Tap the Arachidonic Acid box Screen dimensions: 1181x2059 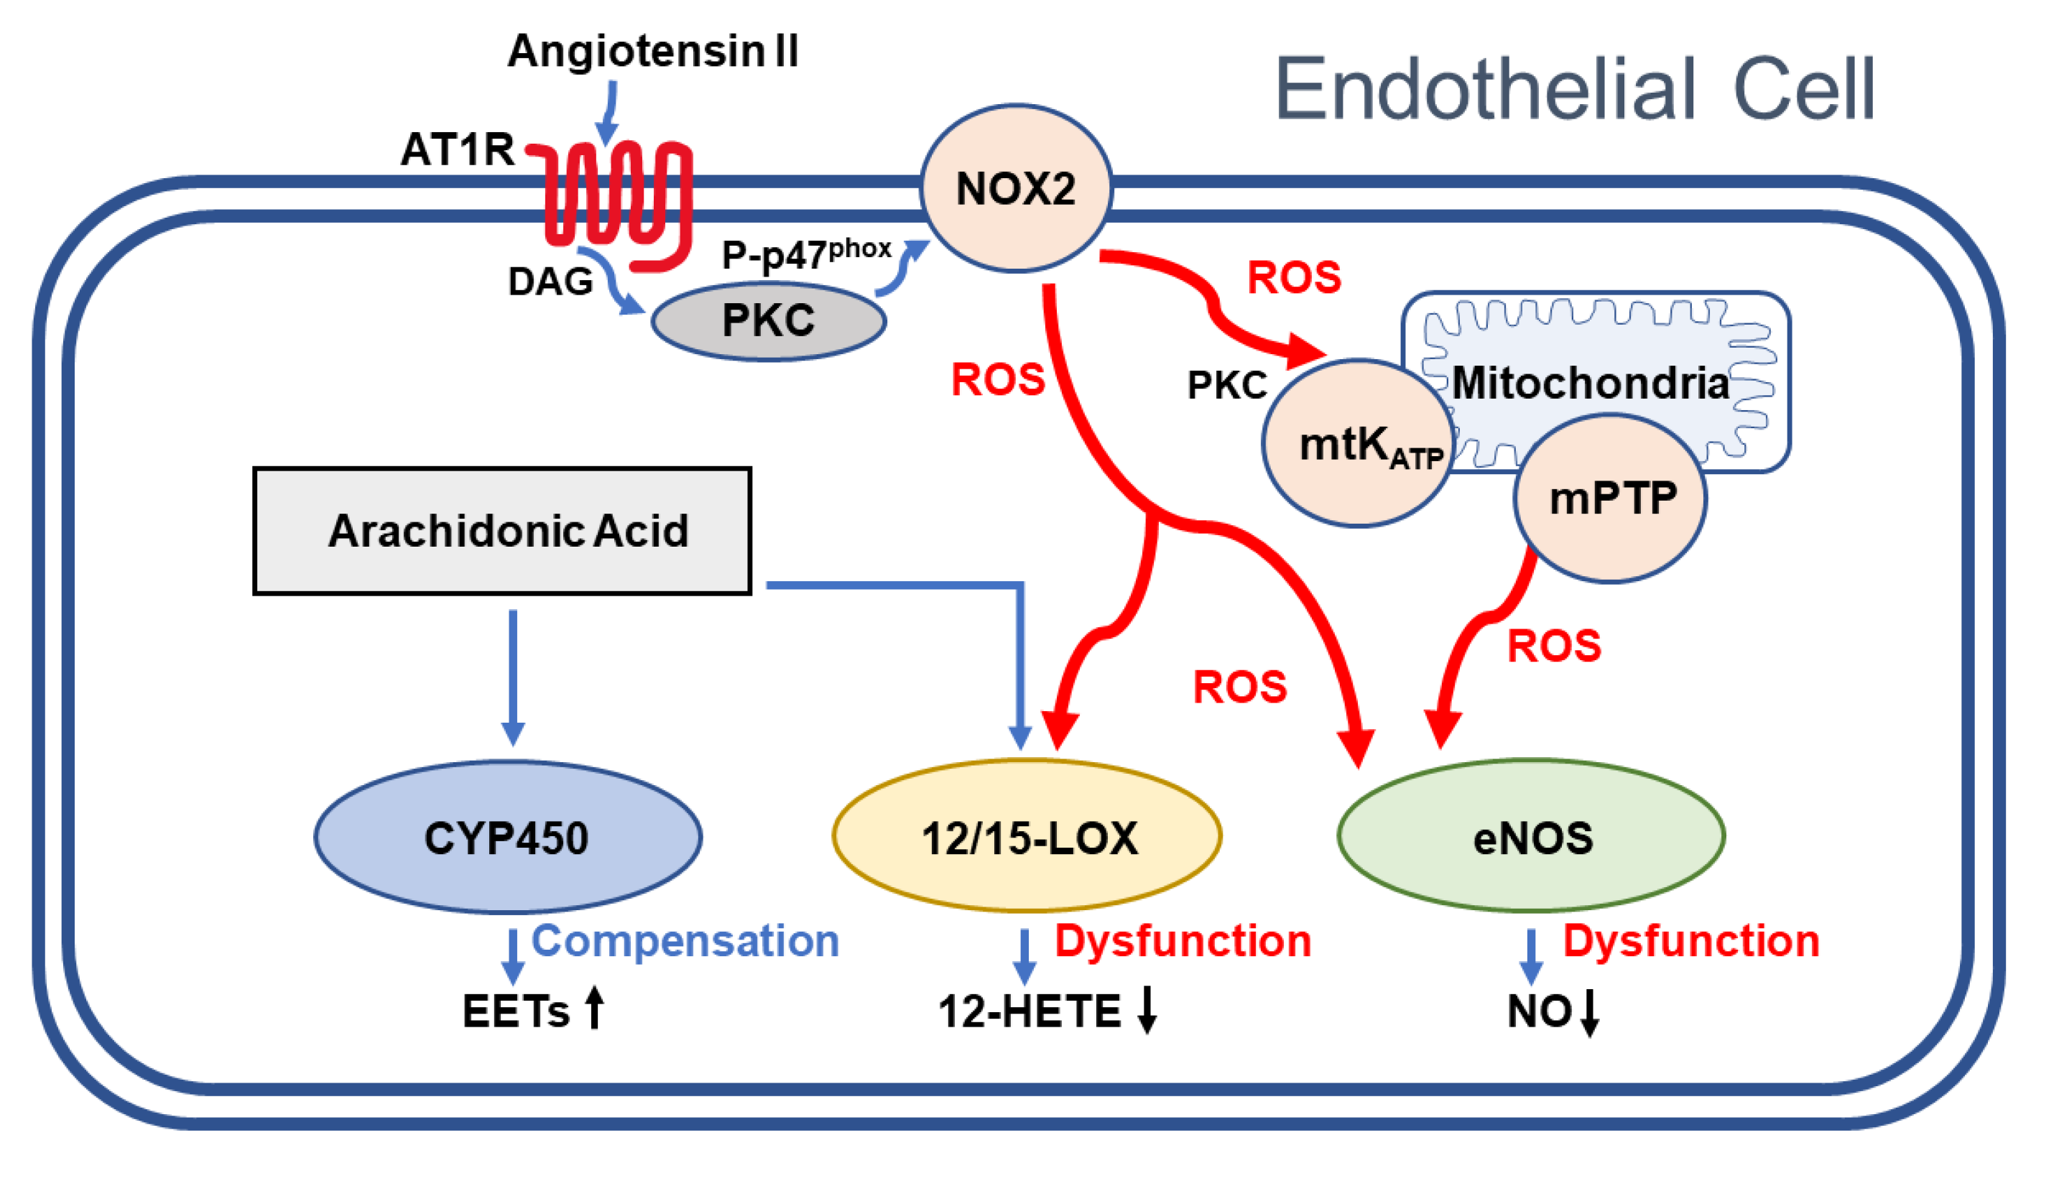tap(504, 532)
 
